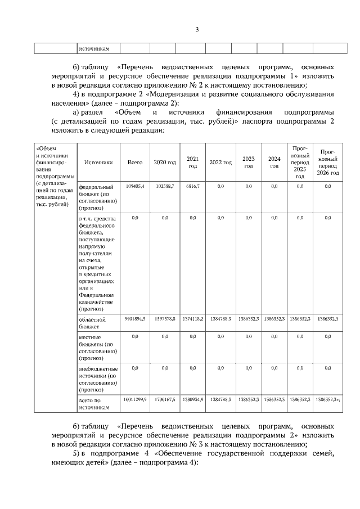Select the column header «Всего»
tap(135, 163)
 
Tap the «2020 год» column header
tap(164, 163)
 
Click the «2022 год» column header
tap(220, 163)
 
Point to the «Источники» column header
tap(98, 163)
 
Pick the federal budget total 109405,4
tap(135, 186)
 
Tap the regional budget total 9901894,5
tap(135, 318)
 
